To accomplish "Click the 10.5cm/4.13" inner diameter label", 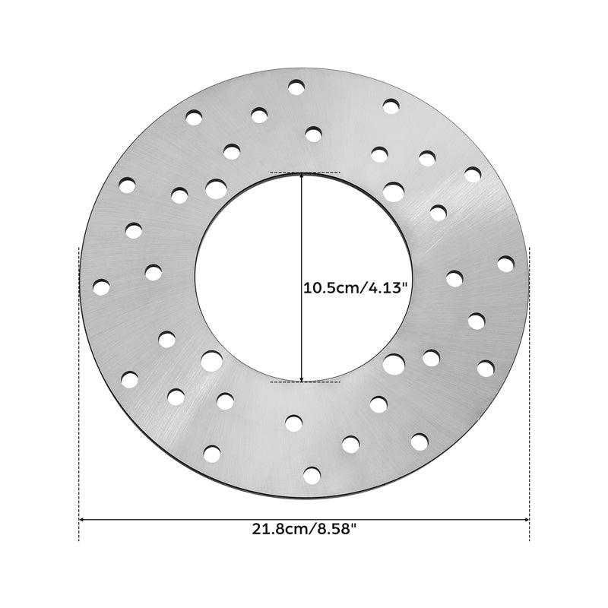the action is click(x=356, y=288).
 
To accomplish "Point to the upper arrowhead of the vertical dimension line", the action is click(x=302, y=176).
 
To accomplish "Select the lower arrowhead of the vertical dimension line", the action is click(x=302, y=378).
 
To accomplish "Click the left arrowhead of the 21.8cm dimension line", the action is click(x=82, y=519).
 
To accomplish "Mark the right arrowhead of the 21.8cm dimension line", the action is click(x=526, y=519).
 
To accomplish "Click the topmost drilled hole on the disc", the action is click(x=296, y=87).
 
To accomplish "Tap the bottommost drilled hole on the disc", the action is click(x=312, y=476).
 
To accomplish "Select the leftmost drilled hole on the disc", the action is click(x=101, y=287).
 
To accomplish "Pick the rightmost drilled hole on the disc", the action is click(x=505, y=264).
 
